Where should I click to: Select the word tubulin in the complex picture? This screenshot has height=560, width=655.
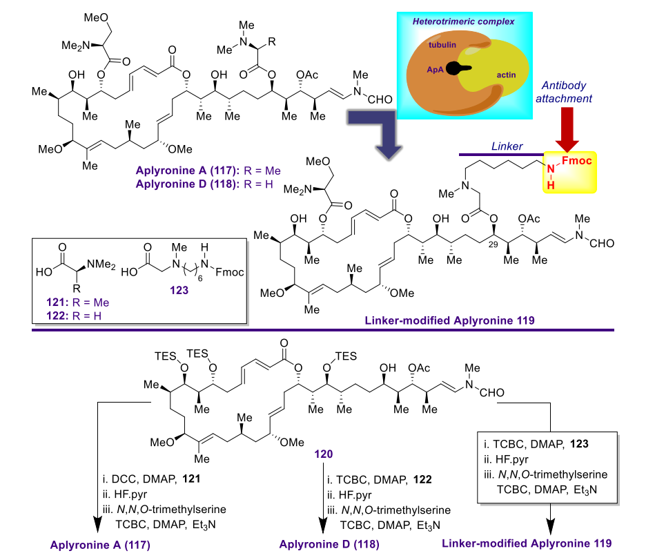[x=442, y=45]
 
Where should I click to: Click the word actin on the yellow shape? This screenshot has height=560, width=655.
[x=506, y=75]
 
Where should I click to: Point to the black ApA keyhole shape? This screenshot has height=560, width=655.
[x=458, y=68]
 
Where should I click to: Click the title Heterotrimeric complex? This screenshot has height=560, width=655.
[x=463, y=21]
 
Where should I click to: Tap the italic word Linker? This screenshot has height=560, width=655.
[x=507, y=146]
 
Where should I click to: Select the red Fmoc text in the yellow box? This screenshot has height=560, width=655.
[x=576, y=161]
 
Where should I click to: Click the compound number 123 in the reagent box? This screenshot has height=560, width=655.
[x=179, y=290]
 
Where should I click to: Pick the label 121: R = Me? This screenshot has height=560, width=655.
[x=78, y=302]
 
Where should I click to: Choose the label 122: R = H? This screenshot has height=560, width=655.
[x=74, y=316]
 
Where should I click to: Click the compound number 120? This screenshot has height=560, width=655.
[x=323, y=454]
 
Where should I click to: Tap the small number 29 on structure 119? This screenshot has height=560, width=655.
[x=493, y=244]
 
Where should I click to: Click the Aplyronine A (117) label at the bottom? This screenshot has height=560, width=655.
[x=100, y=545]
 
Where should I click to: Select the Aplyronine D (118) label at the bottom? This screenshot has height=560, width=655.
[x=330, y=544]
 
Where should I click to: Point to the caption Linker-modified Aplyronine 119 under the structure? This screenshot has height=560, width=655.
[x=449, y=320]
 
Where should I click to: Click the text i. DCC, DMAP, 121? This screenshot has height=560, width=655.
[x=152, y=479]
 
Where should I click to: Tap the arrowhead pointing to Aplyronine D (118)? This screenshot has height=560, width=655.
[x=323, y=525]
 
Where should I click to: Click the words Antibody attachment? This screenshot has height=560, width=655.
[x=564, y=92]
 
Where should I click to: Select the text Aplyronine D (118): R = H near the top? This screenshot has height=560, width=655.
[x=204, y=184]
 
